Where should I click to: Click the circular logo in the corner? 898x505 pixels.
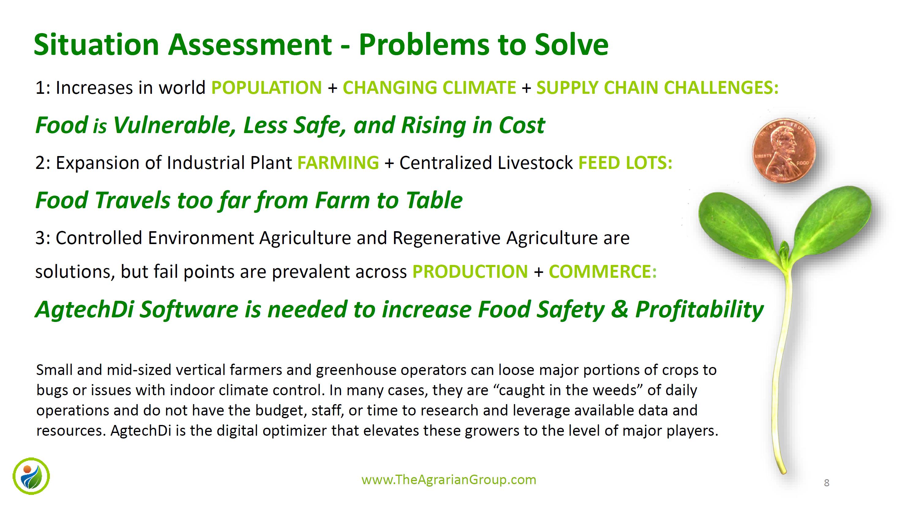(x=31, y=476)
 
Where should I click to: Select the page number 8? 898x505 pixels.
(x=827, y=483)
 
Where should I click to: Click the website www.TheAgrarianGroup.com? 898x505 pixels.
(x=449, y=480)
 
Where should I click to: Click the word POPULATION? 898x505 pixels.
(x=267, y=87)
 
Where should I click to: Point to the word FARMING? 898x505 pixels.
(x=338, y=163)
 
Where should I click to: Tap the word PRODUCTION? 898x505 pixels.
(x=470, y=272)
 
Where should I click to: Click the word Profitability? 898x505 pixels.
(x=699, y=310)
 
